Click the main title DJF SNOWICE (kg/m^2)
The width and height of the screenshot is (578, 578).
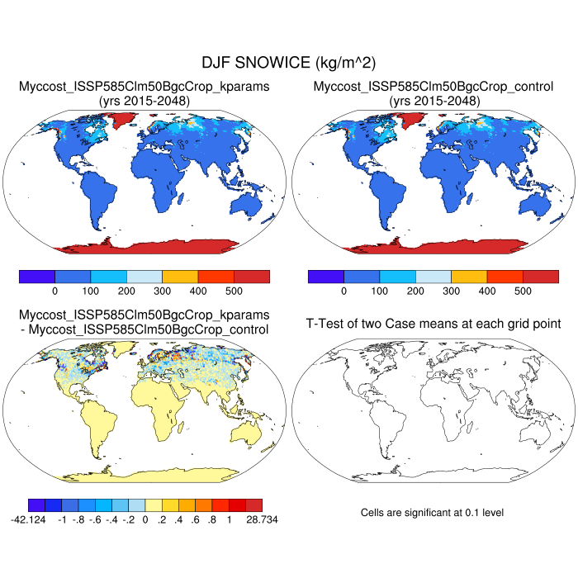pyautogui.click(x=289, y=63)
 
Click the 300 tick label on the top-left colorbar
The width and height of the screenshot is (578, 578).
pyautogui.click(x=163, y=291)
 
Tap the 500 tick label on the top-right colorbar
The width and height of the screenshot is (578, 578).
pyautogui.click(x=523, y=291)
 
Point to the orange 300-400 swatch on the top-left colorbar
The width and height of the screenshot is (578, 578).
pyautogui.click(x=180, y=276)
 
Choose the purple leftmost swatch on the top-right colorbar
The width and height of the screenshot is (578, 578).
pyautogui.click(x=325, y=276)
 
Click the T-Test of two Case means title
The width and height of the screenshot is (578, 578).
pyautogui.click(x=433, y=323)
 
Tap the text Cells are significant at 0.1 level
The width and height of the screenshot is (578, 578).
pyautogui.click(x=432, y=513)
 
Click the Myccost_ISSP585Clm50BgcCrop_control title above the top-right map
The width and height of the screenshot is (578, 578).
pyautogui.click(x=433, y=87)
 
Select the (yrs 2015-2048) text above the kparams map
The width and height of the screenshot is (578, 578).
pyautogui.click(x=144, y=101)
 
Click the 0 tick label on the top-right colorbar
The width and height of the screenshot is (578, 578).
pyautogui.click(x=343, y=291)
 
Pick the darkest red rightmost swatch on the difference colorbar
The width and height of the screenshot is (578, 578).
pyautogui.click(x=253, y=505)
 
